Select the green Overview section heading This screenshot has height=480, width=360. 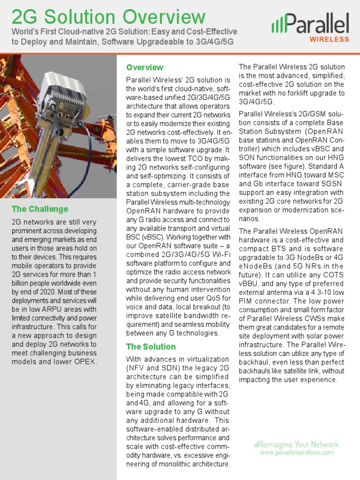pyautogui.click(x=145, y=67)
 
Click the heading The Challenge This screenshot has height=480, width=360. pyautogui.click(x=40, y=209)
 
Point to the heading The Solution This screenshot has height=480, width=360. pyautogui.click(x=151, y=347)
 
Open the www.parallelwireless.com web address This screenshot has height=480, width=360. pyautogui.click(x=297, y=453)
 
